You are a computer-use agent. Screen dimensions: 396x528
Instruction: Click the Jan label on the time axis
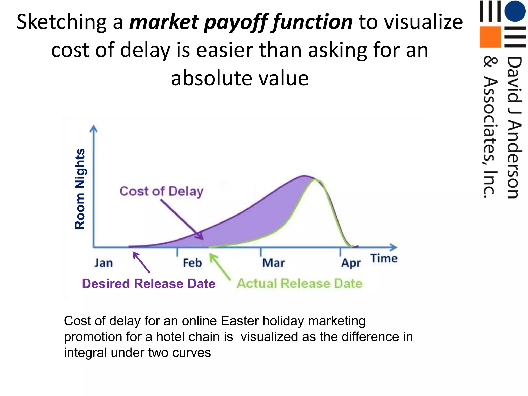tap(103, 263)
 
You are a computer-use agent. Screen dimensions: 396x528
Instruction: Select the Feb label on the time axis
tap(192, 263)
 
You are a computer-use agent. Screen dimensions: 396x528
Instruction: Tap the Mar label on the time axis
tap(273, 263)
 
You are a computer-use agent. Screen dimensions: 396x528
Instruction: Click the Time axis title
tap(384, 258)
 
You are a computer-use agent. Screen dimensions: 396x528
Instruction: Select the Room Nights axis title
tap(80, 189)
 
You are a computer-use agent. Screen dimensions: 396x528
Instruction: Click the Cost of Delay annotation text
tap(161, 191)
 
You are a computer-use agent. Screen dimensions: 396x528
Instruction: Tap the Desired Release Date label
tap(148, 284)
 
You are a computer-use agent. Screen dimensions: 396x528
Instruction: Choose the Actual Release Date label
tap(300, 283)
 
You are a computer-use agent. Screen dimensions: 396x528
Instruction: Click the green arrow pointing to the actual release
tap(219, 267)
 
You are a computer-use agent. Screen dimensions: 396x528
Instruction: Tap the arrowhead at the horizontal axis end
tap(393, 247)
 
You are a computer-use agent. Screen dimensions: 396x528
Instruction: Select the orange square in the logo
tap(490, 37)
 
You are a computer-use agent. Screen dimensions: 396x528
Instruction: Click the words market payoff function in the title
tap(241, 22)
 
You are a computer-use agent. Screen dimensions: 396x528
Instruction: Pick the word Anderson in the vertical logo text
tap(514, 160)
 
